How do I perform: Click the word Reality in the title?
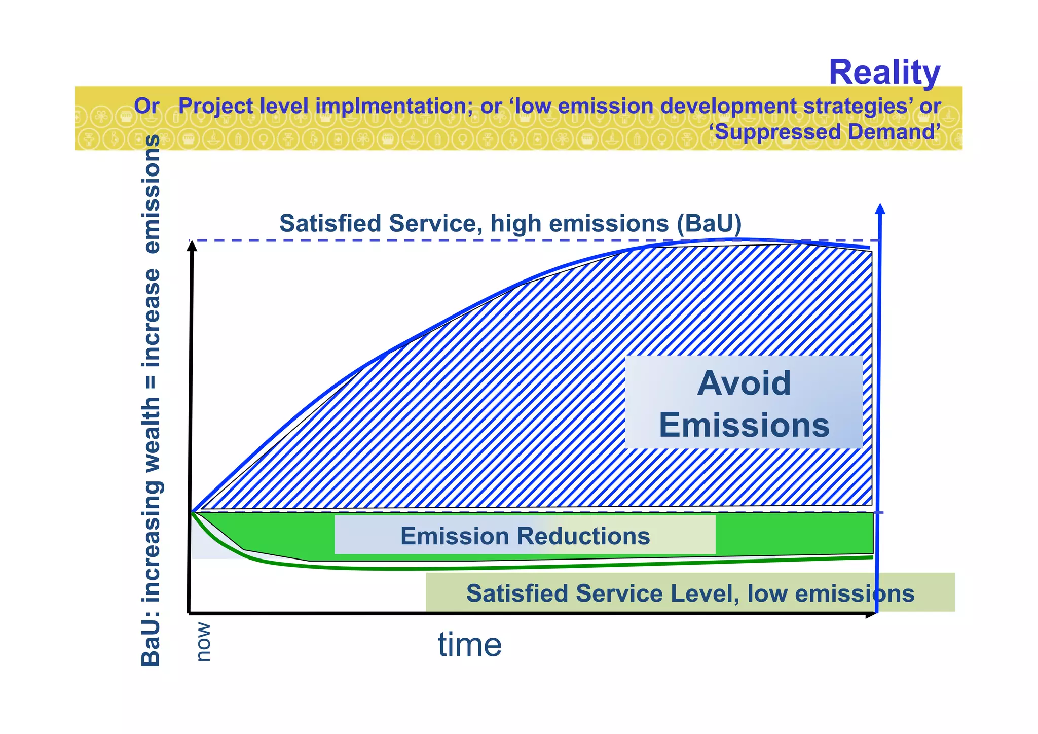(884, 73)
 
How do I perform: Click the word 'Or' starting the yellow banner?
(146, 107)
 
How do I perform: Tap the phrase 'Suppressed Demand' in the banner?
(825, 132)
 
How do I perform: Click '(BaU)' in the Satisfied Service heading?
(709, 224)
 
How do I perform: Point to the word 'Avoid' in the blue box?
(744, 383)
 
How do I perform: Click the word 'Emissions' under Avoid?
(744, 425)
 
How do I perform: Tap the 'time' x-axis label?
(470, 645)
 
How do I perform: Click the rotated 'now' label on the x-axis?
(203, 642)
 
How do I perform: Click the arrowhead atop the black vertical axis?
(192, 246)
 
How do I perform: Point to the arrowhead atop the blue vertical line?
(880, 208)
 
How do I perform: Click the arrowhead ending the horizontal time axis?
(871, 614)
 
